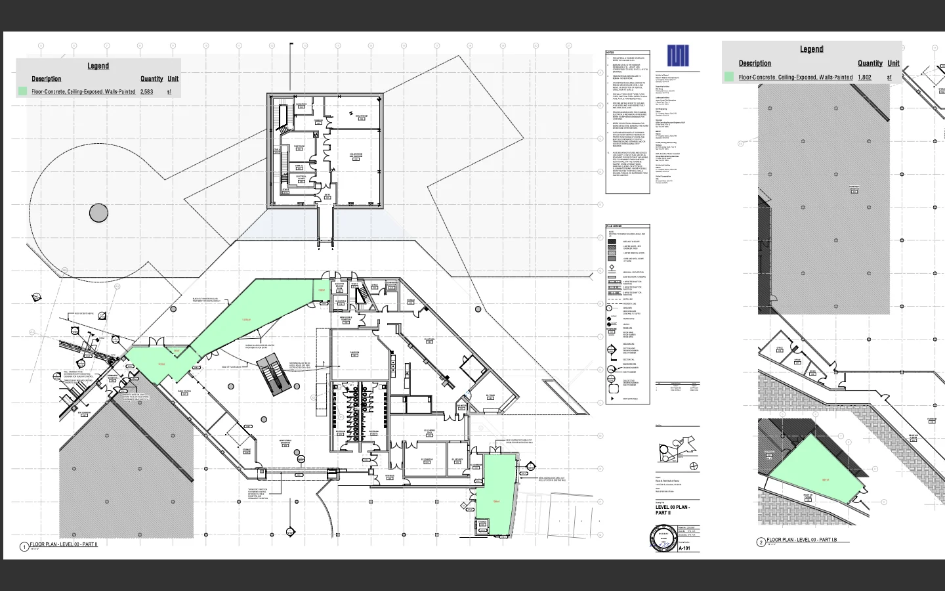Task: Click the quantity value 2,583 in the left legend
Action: (146, 92)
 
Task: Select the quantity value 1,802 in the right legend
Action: (864, 77)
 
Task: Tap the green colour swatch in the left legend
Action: (23, 92)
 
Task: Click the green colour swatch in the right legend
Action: (728, 77)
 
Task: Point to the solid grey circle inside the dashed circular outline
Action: (98, 213)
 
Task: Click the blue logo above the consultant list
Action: (678, 56)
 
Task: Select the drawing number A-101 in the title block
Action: (684, 548)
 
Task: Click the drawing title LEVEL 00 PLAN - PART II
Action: (671, 510)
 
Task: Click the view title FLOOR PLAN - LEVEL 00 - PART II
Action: (64, 544)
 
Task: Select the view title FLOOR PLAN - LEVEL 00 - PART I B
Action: (807, 540)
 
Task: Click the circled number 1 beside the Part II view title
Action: (24, 546)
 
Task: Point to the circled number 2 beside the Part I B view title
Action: (761, 542)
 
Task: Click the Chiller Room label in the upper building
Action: (356, 155)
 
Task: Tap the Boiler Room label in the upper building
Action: (361, 116)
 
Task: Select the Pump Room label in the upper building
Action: (299, 146)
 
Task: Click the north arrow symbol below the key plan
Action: (694, 466)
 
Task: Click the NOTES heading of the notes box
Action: (610, 53)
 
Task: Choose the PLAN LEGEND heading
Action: (614, 227)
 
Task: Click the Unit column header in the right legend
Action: (893, 63)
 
